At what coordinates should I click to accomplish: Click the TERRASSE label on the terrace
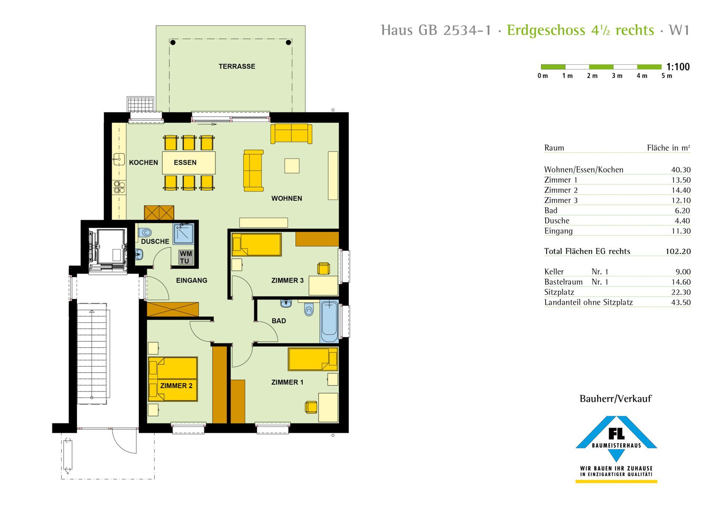(x=237, y=66)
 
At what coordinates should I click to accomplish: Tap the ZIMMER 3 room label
(x=287, y=280)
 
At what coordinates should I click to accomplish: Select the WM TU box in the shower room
(x=186, y=257)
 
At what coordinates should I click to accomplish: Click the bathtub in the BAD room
(x=329, y=322)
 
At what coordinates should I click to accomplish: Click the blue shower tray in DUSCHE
(x=183, y=234)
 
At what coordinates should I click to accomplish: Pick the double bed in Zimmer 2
(x=173, y=379)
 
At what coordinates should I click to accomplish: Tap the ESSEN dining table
(x=189, y=162)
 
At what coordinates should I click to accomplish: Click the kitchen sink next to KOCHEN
(x=119, y=159)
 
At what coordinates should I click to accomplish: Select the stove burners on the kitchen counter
(x=119, y=187)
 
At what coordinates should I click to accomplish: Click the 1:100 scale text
(x=678, y=67)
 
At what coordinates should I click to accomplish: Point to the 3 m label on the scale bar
(x=617, y=76)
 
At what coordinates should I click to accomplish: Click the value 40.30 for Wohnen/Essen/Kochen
(x=681, y=170)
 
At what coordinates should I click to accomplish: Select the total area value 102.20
(x=678, y=252)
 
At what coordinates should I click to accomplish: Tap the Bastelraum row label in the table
(x=563, y=282)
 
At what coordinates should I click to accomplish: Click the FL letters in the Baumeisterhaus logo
(x=616, y=433)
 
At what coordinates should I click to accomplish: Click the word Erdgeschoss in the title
(x=546, y=30)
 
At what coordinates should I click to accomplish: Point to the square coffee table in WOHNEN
(x=292, y=166)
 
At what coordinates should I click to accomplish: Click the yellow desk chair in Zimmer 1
(x=311, y=407)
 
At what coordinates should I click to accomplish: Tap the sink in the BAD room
(x=286, y=303)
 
